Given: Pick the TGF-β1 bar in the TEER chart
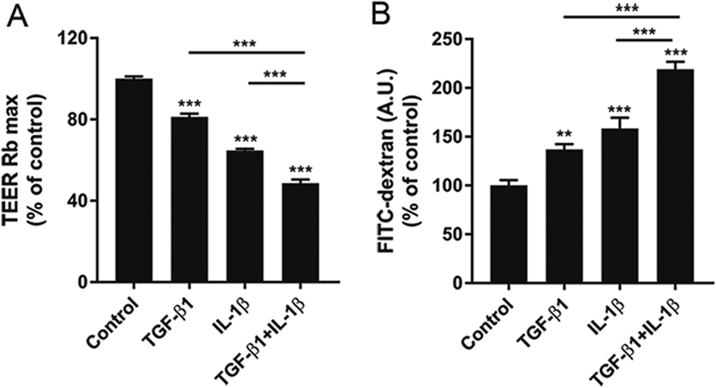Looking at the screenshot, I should click(x=189, y=200).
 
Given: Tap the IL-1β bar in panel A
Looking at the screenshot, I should click(x=245, y=217).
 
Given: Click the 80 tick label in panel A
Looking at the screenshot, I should click(x=85, y=120).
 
